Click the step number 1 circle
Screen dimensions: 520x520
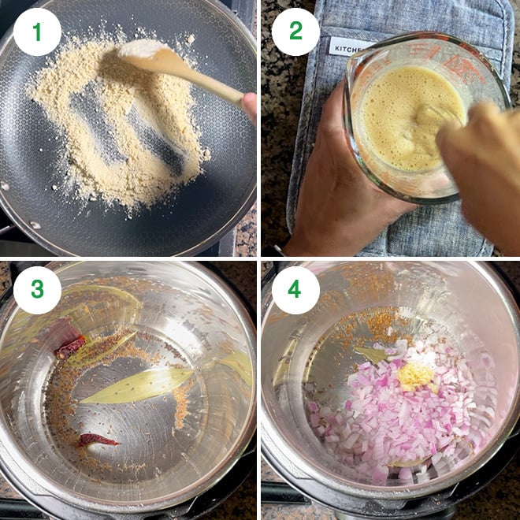[x=36, y=32]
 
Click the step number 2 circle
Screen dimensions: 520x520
[x=295, y=32]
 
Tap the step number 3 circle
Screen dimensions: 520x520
[x=36, y=290]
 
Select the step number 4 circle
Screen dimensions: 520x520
[x=295, y=290]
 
